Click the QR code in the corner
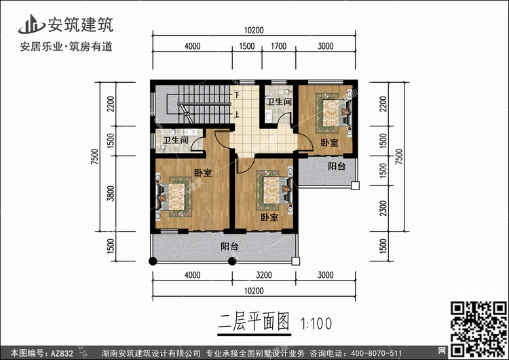(478, 329)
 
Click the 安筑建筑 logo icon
(31, 24)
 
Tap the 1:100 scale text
(316, 323)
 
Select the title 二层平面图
(254, 322)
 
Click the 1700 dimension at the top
(279, 46)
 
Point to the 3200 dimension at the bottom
(263, 275)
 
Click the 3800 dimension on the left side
(111, 194)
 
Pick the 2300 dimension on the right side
(383, 209)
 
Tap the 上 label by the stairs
(237, 114)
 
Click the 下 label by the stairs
(237, 95)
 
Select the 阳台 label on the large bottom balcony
(229, 247)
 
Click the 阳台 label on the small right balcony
(337, 166)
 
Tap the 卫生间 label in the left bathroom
(176, 141)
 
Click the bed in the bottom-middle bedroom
(275, 190)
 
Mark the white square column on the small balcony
(356, 185)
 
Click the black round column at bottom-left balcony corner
(153, 261)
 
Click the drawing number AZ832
(62, 353)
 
